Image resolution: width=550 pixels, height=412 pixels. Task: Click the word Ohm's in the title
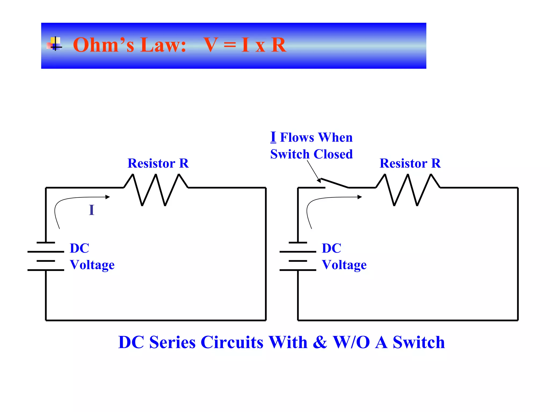pyautogui.click(x=103, y=45)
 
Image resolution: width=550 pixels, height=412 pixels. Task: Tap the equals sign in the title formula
pyautogui.click(x=230, y=45)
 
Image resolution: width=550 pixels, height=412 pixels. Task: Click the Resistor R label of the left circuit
pyautogui.click(x=158, y=163)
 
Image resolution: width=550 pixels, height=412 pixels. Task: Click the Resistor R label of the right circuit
pyautogui.click(x=410, y=163)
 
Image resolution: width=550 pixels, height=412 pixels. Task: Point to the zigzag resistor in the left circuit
pyautogui.click(x=156, y=189)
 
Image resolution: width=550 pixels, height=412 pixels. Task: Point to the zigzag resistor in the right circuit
pyautogui.click(x=408, y=189)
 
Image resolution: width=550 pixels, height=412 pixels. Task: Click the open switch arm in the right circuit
pyautogui.click(x=335, y=183)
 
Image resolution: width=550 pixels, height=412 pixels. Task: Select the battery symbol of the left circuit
pyautogui.click(x=46, y=256)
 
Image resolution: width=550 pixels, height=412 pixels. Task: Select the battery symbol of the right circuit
pyautogui.click(x=298, y=256)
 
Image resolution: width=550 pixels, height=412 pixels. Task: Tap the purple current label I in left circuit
pyautogui.click(x=92, y=210)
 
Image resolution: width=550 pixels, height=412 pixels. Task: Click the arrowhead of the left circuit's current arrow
pyautogui.click(x=108, y=197)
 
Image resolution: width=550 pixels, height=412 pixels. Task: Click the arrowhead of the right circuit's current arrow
pyautogui.click(x=360, y=197)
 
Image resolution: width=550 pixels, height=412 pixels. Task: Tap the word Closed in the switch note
pyautogui.click(x=333, y=154)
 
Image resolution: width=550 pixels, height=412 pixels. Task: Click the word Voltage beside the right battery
pyautogui.click(x=344, y=265)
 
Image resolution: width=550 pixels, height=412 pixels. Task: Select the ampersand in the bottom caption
pyautogui.click(x=320, y=342)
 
